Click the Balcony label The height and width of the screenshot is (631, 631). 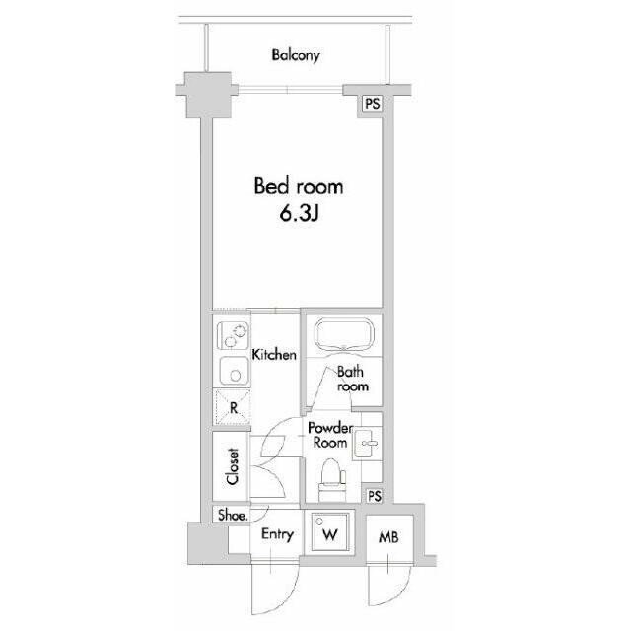296,55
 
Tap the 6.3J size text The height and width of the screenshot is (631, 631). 299,214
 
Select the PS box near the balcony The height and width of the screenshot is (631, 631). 373,104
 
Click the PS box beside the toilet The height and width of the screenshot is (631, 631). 375,496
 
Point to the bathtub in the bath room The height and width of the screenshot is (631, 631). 344,335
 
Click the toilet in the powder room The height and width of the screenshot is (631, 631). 332,480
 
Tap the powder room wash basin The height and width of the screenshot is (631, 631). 367,444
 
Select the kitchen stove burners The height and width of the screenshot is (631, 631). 233,336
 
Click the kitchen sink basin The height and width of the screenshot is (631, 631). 234,371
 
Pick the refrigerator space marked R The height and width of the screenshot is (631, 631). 233,406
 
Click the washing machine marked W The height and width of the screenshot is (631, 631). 330,534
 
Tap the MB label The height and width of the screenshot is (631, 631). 388,537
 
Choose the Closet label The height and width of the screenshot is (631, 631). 233,466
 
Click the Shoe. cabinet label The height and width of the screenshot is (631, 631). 233,515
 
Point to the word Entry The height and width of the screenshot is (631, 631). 277,534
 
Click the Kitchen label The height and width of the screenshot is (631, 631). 274,355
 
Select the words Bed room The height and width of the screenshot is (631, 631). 299,186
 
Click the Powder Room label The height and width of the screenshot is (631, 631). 330,435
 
